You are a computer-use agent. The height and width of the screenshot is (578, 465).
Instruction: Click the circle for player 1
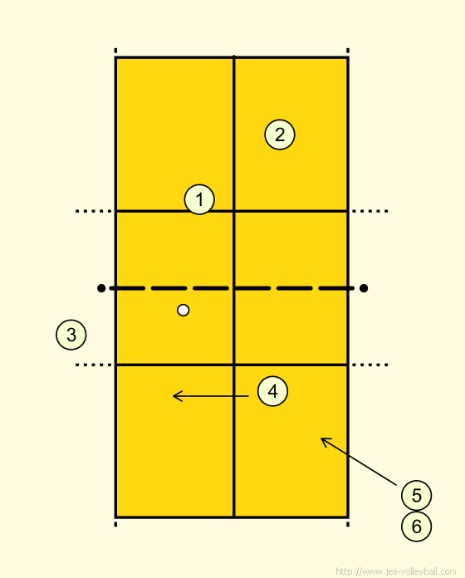pyautogui.click(x=199, y=199)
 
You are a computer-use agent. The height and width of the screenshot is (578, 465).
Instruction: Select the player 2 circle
pyautogui.click(x=280, y=135)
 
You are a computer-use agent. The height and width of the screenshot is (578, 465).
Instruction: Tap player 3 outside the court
pyautogui.click(x=71, y=335)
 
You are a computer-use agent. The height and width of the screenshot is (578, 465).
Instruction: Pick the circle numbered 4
pyautogui.click(x=272, y=391)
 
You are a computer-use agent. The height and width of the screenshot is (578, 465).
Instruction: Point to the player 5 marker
pyautogui.click(x=416, y=496)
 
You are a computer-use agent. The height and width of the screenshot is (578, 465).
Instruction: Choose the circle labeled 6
pyautogui.click(x=416, y=527)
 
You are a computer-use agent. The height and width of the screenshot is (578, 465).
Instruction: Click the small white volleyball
pyautogui.click(x=184, y=310)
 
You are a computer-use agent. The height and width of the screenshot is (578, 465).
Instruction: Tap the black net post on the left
pyautogui.click(x=101, y=288)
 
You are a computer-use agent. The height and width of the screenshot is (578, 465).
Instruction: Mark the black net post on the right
pyautogui.click(x=364, y=288)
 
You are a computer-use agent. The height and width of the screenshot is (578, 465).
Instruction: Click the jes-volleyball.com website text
pyautogui.click(x=396, y=571)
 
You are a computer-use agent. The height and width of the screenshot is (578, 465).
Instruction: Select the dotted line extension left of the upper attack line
pyautogui.click(x=94, y=211)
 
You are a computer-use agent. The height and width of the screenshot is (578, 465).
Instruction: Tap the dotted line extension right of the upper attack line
pyautogui.click(x=370, y=211)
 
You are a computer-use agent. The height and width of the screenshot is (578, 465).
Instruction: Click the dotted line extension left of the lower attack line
pyautogui.click(x=94, y=365)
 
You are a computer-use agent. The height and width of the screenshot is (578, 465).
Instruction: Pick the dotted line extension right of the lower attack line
pyautogui.click(x=370, y=365)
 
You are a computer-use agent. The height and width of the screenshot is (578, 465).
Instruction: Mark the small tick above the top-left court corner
pyautogui.click(x=115, y=51)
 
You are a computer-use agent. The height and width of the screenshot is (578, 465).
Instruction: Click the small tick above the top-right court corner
pyautogui.click(x=348, y=51)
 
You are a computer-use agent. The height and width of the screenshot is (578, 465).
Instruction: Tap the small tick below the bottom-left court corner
pyautogui.click(x=115, y=524)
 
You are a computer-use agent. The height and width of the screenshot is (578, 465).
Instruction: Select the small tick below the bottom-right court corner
pyautogui.click(x=348, y=524)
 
